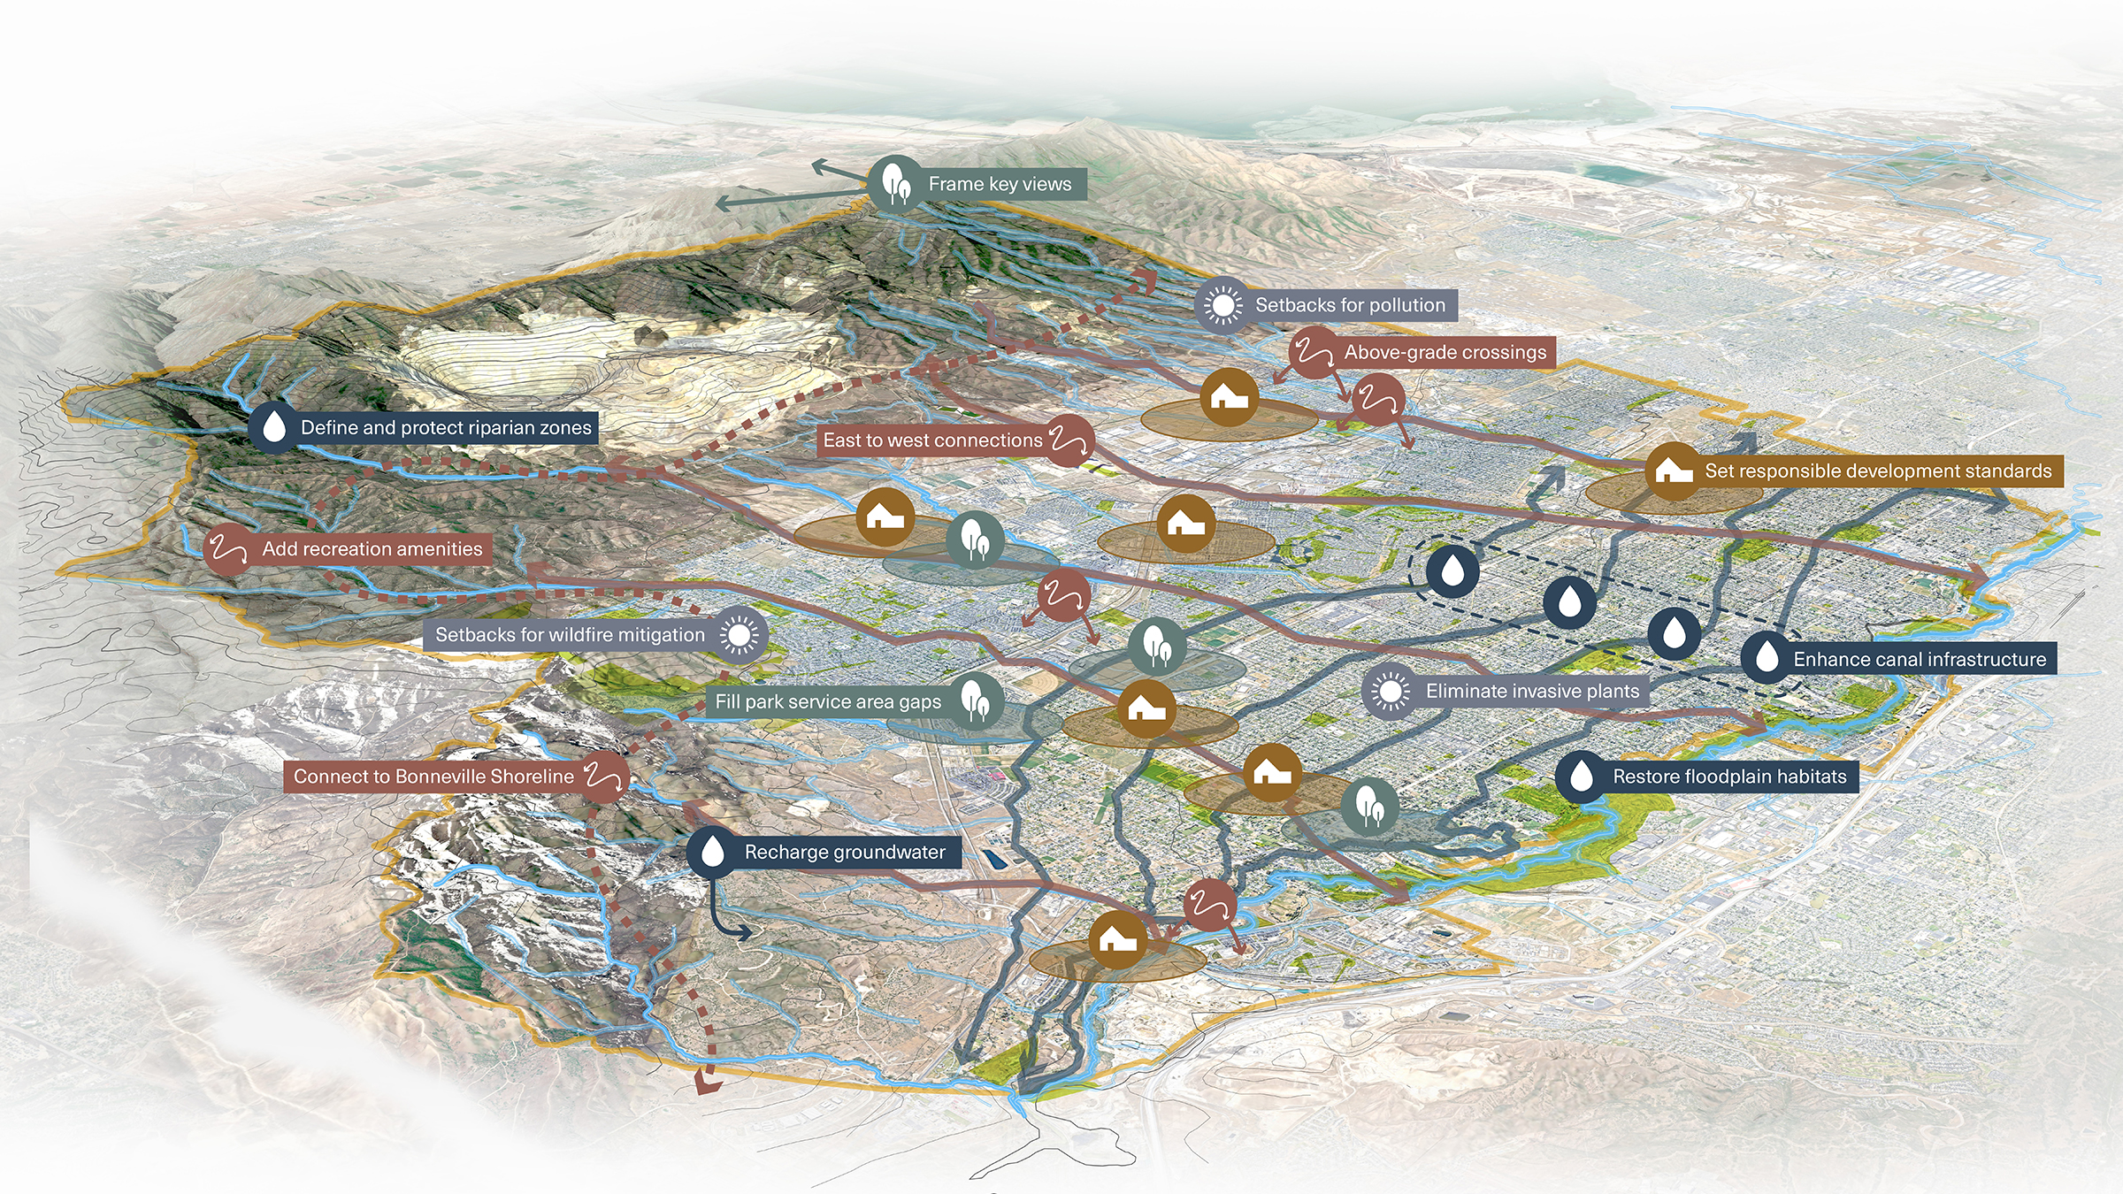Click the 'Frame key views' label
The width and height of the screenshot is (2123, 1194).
click(x=1000, y=184)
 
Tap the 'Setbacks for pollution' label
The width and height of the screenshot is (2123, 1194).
click(x=1350, y=305)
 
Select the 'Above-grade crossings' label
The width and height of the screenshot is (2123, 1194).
click(x=1445, y=352)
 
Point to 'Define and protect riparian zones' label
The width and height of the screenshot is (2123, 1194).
click(x=446, y=428)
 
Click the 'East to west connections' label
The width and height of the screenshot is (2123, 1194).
click(x=932, y=440)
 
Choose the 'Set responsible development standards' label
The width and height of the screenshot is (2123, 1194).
click(x=1877, y=471)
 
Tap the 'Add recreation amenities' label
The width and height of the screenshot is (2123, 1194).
click(x=372, y=549)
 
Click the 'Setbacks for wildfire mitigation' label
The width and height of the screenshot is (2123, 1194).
click(x=570, y=635)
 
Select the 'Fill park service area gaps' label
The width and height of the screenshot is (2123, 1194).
click(x=828, y=702)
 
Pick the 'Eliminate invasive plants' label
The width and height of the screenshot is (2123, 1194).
click(x=1532, y=692)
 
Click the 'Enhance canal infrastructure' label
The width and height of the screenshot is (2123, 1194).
click(x=1920, y=659)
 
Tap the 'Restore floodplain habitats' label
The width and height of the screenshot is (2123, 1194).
click(x=1729, y=777)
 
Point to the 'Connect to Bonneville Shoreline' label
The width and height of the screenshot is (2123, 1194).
click(x=433, y=777)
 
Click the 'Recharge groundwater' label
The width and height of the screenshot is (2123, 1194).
click(x=845, y=853)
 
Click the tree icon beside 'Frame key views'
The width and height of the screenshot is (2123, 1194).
click(x=896, y=184)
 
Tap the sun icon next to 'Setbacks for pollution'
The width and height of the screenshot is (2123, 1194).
click(x=1223, y=305)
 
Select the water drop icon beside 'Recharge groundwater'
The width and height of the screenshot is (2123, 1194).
click(x=712, y=853)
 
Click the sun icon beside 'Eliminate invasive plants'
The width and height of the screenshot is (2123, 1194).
click(x=1390, y=692)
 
